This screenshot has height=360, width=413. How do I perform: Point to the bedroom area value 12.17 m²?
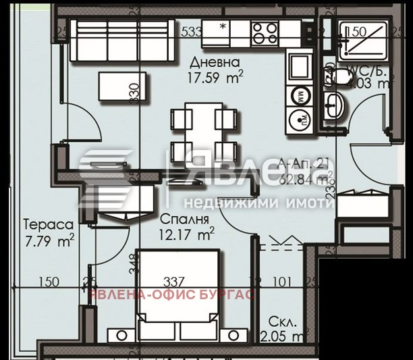point(188,234)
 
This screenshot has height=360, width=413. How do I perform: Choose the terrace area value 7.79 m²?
point(48,238)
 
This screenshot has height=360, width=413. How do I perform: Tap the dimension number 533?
point(192,30)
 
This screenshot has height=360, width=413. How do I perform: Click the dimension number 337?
point(175,282)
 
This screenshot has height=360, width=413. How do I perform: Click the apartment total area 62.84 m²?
point(305,179)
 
